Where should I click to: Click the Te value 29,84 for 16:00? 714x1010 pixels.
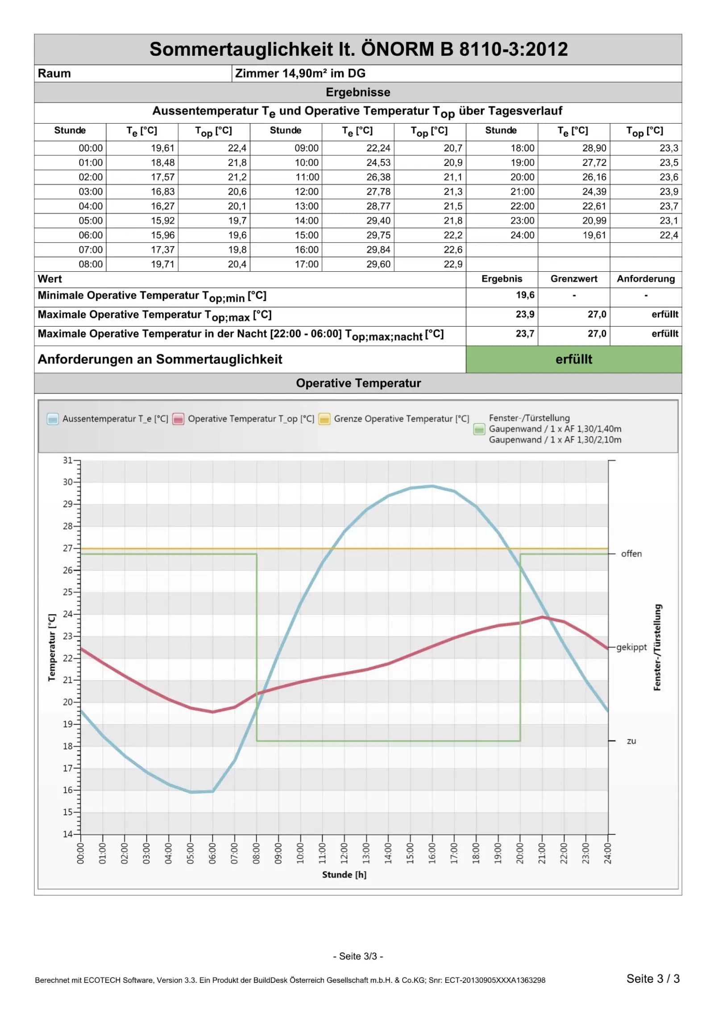click(378, 250)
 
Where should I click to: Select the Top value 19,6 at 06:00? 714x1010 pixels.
click(237, 235)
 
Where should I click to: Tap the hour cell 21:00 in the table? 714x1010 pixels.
click(522, 192)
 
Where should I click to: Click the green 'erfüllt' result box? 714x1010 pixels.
click(573, 359)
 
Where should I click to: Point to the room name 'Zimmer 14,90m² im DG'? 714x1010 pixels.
click(300, 74)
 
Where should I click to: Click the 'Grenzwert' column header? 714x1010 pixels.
click(573, 279)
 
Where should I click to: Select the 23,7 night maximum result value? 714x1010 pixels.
click(525, 334)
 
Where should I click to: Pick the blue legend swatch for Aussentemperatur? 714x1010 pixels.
click(53, 419)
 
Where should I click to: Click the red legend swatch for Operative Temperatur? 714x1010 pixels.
click(178, 419)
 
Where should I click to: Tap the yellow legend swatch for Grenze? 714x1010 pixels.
click(324, 419)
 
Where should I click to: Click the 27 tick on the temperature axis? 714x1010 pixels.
click(67, 548)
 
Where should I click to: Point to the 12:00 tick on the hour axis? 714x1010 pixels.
click(344, 853)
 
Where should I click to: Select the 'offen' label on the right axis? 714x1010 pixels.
click(631, 554)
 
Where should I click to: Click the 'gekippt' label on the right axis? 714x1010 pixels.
click(631, 647)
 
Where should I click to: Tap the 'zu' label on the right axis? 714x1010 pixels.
click(631, 741)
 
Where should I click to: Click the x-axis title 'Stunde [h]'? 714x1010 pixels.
click(344, 875)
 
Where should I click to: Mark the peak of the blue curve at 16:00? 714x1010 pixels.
click(432, 486)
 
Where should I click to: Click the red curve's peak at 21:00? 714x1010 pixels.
click(542, 617)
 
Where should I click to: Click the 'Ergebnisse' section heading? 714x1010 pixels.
click(358, 92)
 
